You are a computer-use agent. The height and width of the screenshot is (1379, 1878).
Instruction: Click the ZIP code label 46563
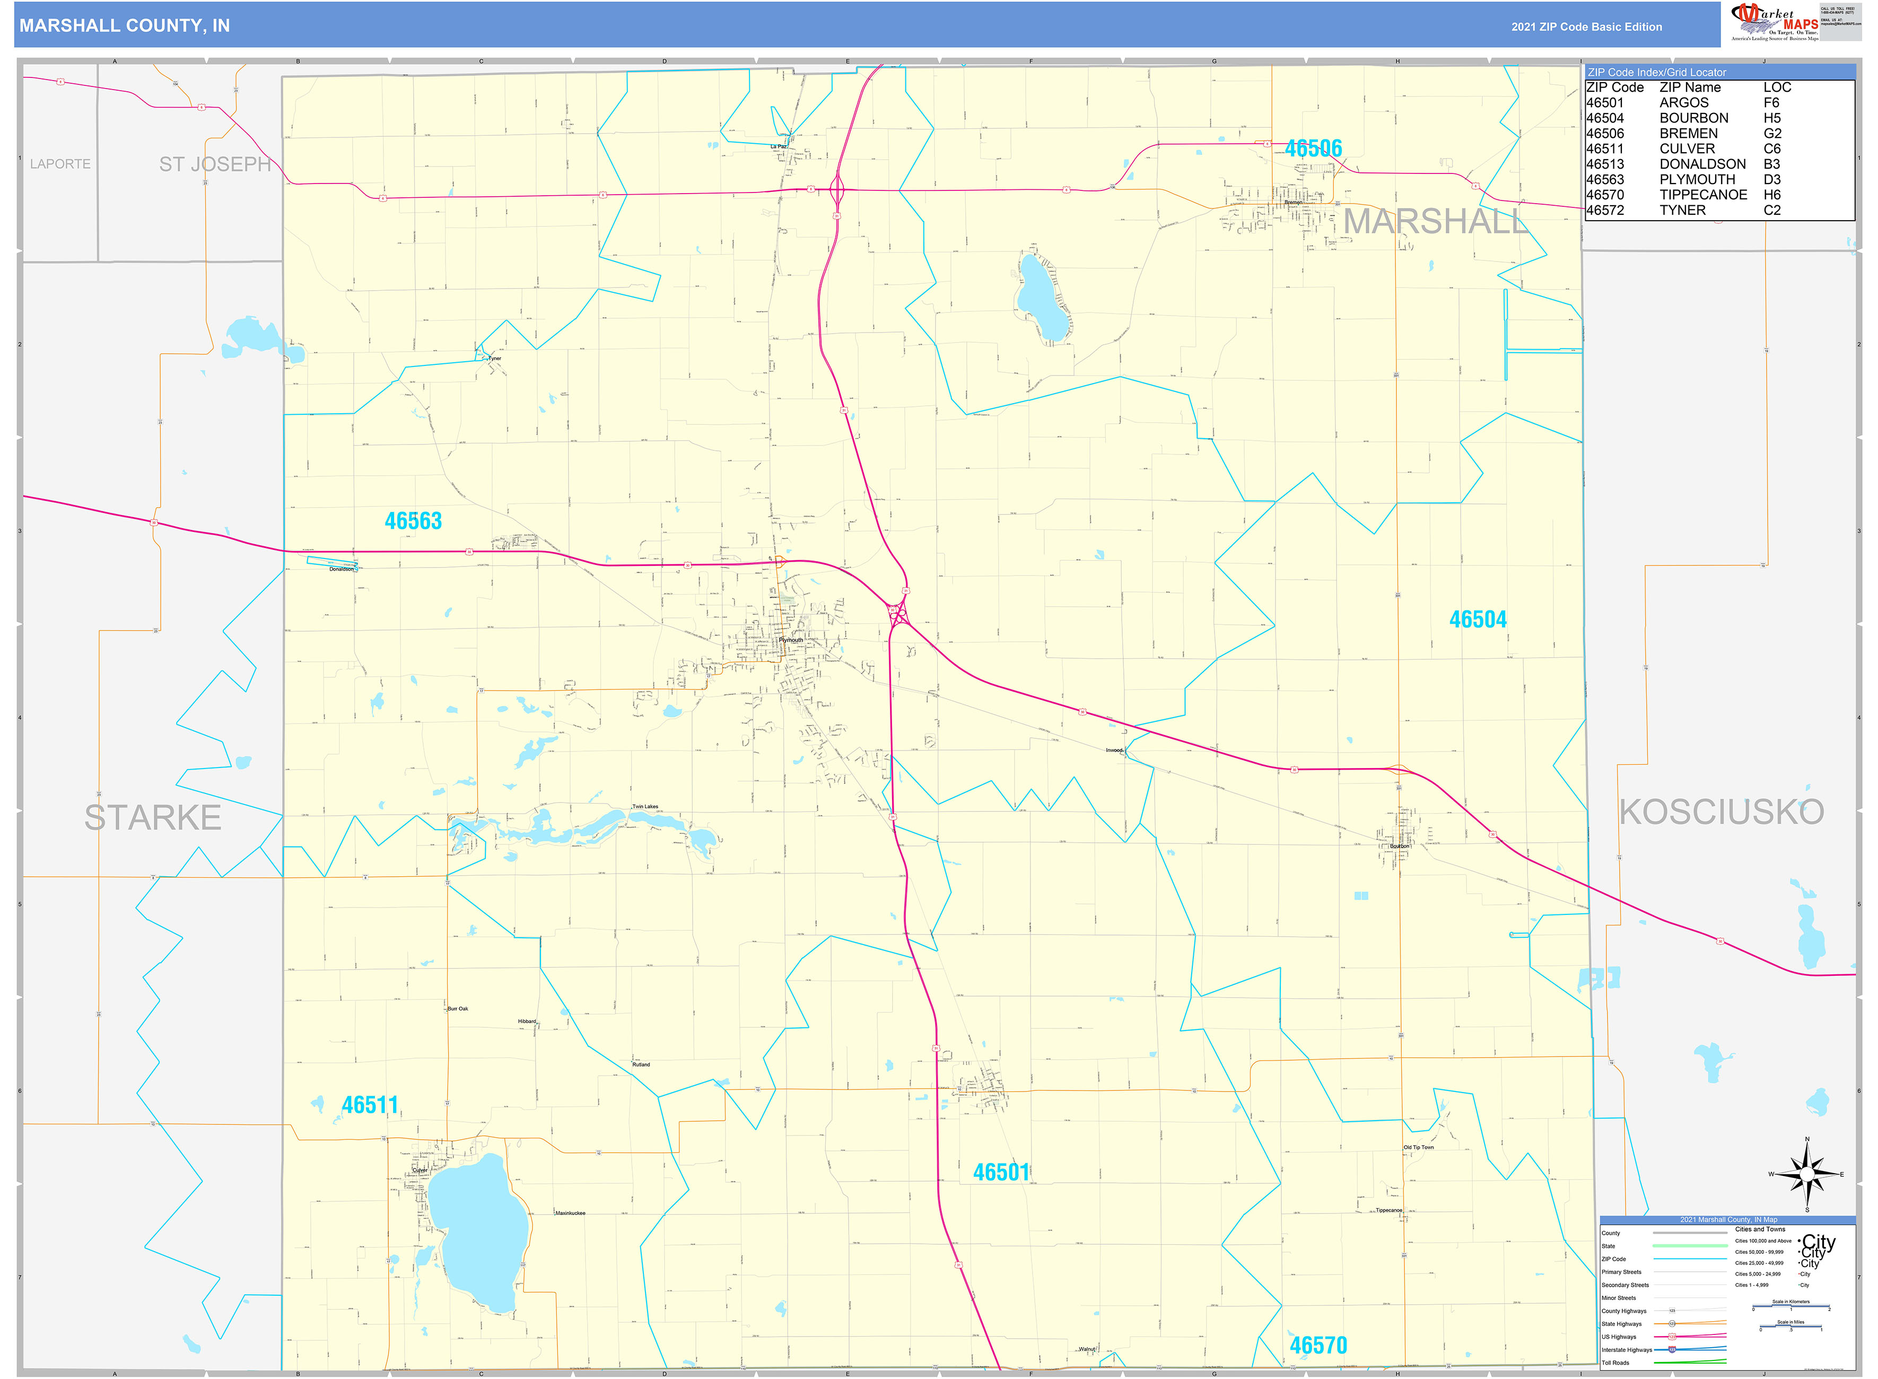413,521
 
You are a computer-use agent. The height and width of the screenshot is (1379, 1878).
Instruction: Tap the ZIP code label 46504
1478,619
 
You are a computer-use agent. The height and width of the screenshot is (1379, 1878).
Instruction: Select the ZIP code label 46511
370,1105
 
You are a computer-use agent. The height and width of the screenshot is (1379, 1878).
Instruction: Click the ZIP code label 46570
1318,1346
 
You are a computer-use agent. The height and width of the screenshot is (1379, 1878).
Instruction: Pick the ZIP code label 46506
1313,149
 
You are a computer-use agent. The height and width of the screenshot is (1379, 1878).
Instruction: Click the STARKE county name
153,817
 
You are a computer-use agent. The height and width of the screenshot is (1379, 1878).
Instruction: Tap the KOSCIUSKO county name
1721,812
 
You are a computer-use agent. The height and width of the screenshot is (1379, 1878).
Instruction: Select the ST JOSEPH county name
215,164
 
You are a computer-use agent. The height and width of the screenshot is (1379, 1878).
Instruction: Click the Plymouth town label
790,640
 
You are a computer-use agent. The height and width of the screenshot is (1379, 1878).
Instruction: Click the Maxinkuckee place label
570,1213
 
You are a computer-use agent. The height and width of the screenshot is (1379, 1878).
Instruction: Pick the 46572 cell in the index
1604,211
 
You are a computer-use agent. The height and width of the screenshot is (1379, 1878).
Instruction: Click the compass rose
1807,1174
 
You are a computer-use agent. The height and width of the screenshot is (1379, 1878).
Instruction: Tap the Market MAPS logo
1774,22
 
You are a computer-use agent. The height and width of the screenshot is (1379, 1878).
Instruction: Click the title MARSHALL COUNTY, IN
124,26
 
